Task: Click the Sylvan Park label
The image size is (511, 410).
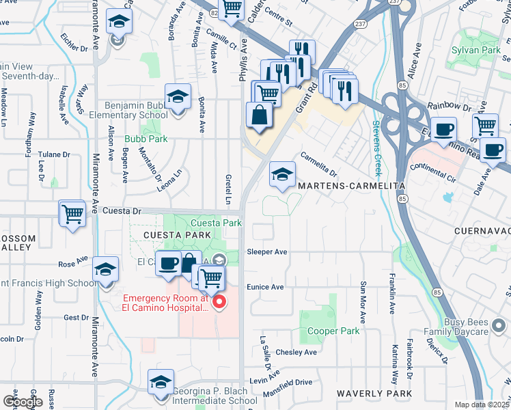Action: pyautogui.click(x=475, y=50)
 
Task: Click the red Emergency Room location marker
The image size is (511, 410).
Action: pyautogui.click(x=219, y=302)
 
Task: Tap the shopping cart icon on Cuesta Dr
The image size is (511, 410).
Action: pyautogui.click(x=72, y=214)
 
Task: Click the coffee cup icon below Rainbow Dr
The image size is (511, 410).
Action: pyautogui.click(x=445, y=130)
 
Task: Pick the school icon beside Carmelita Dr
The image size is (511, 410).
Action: pyautogui.click(x=282, y=174)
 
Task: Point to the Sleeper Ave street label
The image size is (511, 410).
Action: pyautogui.click(x=266, y=252)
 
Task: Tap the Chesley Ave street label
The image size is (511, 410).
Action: pyautogui.click(x=296, y=353)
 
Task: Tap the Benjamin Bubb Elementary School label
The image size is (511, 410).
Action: pyautogui.click(x=128, y=111)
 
